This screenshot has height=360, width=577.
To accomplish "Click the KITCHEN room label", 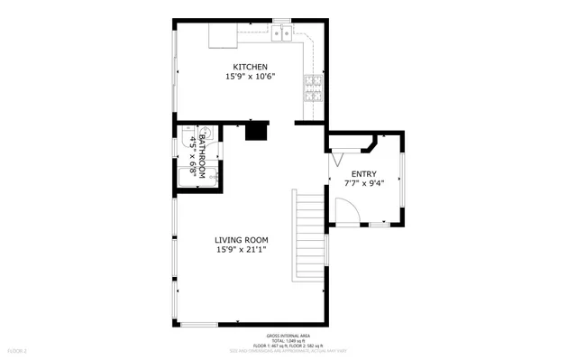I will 250,67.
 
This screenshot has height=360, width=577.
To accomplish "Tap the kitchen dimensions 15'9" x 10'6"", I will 250,78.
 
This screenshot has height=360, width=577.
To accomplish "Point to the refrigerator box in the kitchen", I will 223,35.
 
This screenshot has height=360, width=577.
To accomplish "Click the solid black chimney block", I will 257,133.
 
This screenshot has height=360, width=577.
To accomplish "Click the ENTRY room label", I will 364,174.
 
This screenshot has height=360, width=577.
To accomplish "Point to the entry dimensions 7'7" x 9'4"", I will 364,184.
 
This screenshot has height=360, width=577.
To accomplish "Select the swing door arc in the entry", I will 346,213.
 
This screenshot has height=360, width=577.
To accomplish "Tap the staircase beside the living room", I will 308,235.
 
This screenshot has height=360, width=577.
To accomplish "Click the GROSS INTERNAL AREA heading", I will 289,334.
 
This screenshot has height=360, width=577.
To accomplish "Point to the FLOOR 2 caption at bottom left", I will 18,349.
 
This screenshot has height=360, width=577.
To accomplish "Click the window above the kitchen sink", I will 283,20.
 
